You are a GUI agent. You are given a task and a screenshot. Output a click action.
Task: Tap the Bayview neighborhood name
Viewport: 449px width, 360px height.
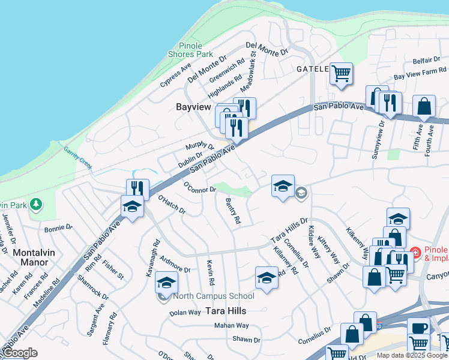tap(193, 107)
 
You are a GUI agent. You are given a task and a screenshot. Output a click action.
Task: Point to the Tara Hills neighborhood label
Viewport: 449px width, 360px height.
tap(227, 311)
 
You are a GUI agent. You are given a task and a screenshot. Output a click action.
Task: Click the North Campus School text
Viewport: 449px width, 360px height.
tap(213, 296)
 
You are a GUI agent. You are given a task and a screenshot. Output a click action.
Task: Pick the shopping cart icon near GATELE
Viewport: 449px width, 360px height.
tap(341, 74)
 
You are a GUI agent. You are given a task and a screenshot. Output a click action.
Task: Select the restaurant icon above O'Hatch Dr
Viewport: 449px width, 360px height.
tap(137, 189)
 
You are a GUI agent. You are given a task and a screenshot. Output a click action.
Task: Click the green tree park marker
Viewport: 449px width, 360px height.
tap(37, 205)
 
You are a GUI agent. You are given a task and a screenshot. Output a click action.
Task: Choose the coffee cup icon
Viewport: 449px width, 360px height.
tap(418, 328)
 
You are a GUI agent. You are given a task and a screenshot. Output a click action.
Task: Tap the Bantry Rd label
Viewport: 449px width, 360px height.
tap(233, 211)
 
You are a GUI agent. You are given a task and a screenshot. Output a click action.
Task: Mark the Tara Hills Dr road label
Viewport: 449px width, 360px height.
tap(289, 228)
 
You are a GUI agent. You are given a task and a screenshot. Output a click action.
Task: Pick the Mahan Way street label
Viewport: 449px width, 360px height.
tap(231, 326)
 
